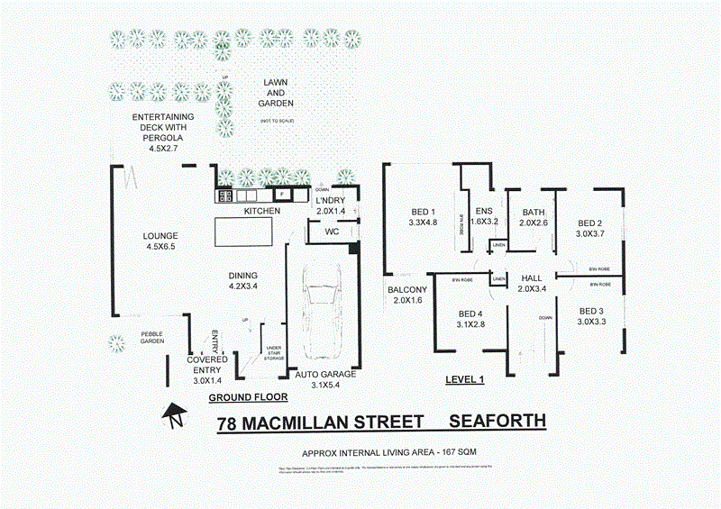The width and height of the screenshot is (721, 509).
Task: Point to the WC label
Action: point(318,231)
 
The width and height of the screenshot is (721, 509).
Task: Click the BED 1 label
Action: point(422,212)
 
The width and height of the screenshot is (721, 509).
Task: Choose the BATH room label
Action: point(533,214)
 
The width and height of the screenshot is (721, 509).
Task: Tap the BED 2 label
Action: point(589,223)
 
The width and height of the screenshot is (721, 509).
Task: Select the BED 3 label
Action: point(591,311)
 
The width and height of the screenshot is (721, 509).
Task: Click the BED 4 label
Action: point(471,314)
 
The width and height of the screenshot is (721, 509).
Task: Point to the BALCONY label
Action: point(406,290)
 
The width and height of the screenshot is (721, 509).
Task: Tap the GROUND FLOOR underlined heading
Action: point(248,396)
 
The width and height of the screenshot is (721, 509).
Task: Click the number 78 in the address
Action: point(228,423)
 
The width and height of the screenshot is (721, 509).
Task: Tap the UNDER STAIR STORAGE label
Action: point(273,352)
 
